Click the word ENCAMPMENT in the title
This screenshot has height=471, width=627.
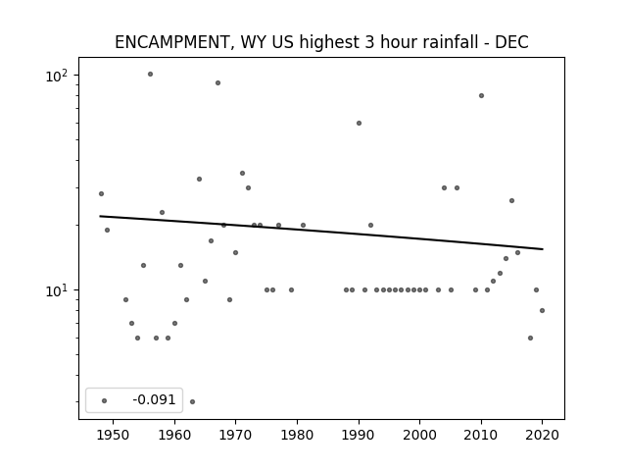coord(171,42)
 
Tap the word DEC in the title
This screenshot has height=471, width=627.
coord(511,42)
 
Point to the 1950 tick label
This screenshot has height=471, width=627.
coord(114,435)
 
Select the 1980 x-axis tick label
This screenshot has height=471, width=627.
coord(297,435)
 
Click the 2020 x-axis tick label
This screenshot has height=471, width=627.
coord(542,435)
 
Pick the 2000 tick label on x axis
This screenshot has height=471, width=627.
coord(420,435)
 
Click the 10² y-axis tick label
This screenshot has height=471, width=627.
coord(57,76)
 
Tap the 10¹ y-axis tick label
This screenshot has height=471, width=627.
coord(57,290)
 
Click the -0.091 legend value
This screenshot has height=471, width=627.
coord(154,399)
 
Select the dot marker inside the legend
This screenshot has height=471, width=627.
coord(105,400)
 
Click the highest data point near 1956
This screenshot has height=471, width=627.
coord(150,75)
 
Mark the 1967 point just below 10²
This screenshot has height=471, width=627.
coord(217,82)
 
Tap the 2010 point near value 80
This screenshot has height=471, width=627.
coord(481,96)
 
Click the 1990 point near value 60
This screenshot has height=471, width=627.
coord(360,123)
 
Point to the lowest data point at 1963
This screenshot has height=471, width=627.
coord(192,401)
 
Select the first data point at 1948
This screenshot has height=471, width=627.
coord(101,194)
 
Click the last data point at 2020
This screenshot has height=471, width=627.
coord(542,310)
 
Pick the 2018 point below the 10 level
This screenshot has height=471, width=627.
coord(531,338)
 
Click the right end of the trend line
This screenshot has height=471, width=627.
coord(543,249)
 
